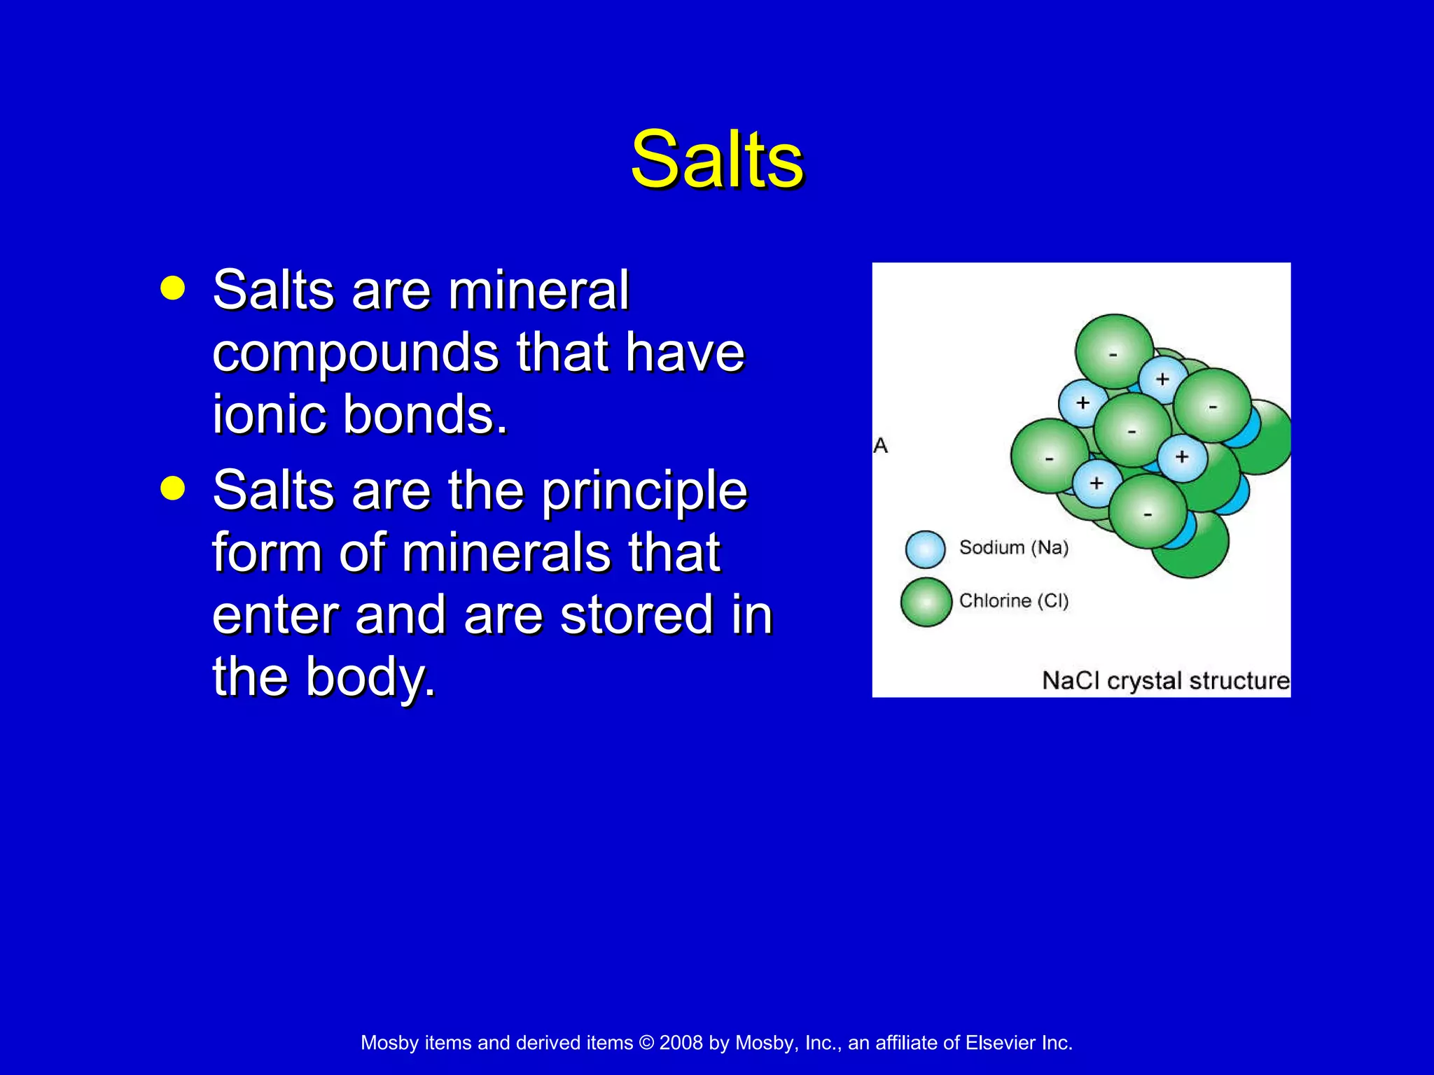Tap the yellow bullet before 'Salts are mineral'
(x=172, y=288)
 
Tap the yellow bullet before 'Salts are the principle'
(x=172, y=488)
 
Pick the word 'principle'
(x=644, y=492)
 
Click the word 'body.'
(x=370, y=677)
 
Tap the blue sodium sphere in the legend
(x=925, y=549)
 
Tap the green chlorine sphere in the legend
(x=926, y=602)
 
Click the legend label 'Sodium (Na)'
(x=1013, y=547)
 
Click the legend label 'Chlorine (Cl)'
(x=1013, y=600)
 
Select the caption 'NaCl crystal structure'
(x=1165, y=680)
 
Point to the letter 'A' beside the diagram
(x=881, y=446)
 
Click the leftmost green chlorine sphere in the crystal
(x=1047, y=456)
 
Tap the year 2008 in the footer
(x=681, y=1043)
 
